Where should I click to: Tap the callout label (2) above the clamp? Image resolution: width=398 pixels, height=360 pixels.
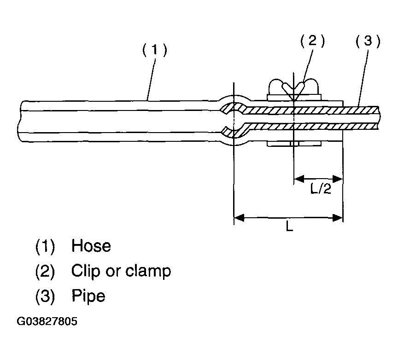click(312, 42)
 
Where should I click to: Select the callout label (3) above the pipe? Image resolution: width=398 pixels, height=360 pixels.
click(368, 42)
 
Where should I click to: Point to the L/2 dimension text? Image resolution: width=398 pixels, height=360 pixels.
click(321, 189)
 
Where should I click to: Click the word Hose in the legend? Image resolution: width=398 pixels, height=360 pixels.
click(91, 246)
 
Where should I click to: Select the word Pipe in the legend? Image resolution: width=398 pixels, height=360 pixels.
click(88, 296)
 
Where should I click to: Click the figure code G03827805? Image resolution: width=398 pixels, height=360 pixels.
click(47, 321)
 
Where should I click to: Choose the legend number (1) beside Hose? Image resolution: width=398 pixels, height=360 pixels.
click(45, 246)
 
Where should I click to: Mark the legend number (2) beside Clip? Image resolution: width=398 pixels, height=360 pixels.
click(45, 271)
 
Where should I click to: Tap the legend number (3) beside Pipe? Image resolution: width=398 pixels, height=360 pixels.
click(45, 296)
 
